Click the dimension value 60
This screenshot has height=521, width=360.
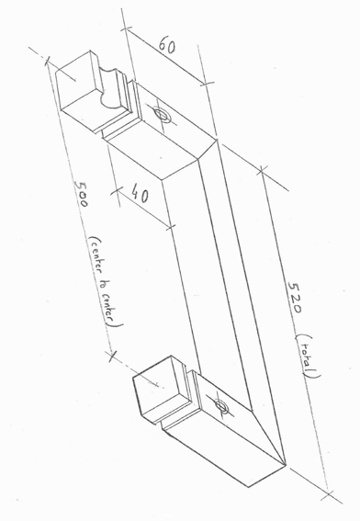click(x=167, y=45)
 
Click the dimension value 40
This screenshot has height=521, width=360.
click(x=140, y=193)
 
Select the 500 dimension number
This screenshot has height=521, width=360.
click(x=81, y=193)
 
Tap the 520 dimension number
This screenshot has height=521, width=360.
click(x=295, y=298)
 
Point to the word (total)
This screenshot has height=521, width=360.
click(x=308, y=357)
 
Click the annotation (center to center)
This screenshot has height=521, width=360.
click(x=106, y=282)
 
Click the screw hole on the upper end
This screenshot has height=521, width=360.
click(x=162, y=114)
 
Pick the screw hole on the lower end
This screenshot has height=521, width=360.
click(x=220, y=406)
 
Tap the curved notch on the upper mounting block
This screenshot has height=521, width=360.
click(x=109, y=87)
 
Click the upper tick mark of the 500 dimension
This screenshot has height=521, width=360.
click(x=50, y=62)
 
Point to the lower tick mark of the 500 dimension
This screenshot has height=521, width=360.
click(x=113, y=356)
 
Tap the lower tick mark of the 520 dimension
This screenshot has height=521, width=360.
click(x=329, y=494)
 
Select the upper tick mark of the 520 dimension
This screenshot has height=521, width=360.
click(x=262, y=171)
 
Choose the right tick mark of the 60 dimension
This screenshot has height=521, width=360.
click(x=207, y=83)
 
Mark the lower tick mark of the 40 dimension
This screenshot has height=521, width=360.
click(x=170, y=227)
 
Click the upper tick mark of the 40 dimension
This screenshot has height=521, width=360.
click(x=117, y=191)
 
